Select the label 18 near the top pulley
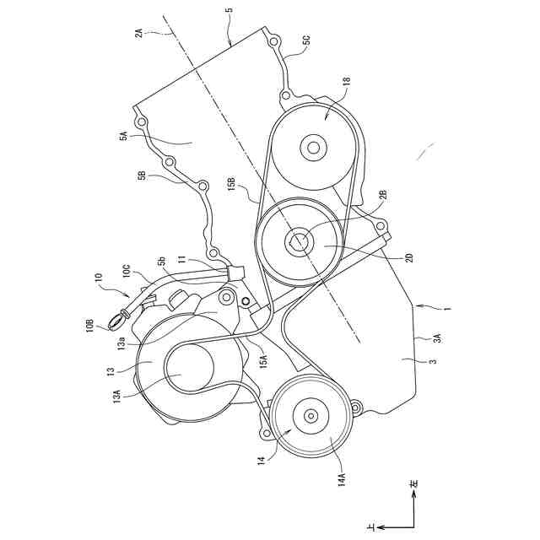point(346,83)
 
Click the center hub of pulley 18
point(314,148)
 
